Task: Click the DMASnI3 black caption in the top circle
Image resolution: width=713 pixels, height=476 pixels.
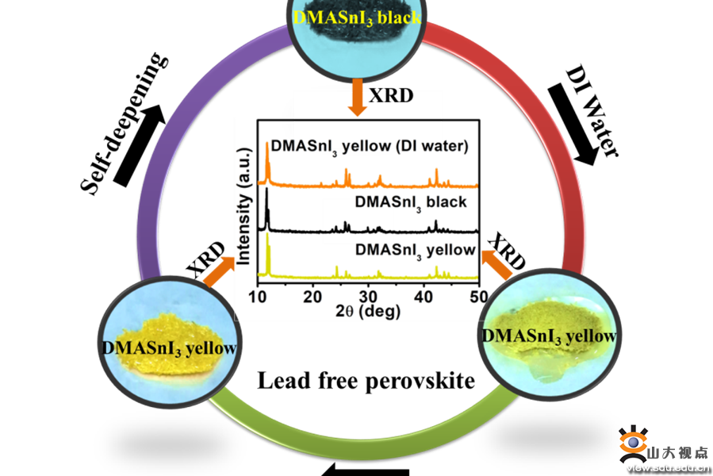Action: click(357, 15)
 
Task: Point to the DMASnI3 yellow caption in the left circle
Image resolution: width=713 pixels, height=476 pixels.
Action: click(170, 347)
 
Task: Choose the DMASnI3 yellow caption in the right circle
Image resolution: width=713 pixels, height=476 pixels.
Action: click(549, 336)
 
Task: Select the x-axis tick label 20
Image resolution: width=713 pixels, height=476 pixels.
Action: click(314, 297)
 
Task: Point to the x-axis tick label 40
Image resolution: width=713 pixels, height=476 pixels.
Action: click(424, 297)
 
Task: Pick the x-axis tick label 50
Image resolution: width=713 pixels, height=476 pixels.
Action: click(478, 297)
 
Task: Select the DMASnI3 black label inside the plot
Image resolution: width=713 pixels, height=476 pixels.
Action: click(411, 202)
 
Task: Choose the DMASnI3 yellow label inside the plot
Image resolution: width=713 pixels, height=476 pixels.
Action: click(415, 249)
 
